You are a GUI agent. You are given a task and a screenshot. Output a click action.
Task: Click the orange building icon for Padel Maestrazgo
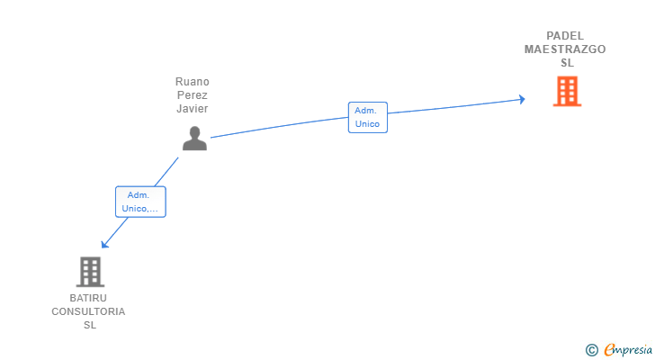pos(567,91)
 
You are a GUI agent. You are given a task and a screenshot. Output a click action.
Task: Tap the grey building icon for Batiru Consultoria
pos(89,272)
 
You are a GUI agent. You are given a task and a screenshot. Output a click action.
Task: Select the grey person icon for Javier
pos(194,138)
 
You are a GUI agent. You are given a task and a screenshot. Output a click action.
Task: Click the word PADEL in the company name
pos(565,36)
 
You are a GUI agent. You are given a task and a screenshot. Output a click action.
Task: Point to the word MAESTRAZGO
pos(565,49)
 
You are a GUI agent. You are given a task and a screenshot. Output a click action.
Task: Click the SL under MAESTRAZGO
pos(567,63)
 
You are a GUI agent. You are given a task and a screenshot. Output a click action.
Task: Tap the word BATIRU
pos(88,298)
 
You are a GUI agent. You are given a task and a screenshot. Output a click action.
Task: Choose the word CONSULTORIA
pos(88,311)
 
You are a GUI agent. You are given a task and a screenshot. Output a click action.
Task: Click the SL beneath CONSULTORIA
pos(89,325)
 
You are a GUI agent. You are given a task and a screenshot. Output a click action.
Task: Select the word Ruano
pos(193,82)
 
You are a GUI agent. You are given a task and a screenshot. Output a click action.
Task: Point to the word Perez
pos(193,95)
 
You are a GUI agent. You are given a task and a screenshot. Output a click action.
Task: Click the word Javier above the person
pos(193,109)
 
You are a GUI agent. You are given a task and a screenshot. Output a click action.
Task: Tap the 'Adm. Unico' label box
pos(367,117)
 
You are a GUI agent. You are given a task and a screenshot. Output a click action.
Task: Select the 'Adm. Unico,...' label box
pos(140,202)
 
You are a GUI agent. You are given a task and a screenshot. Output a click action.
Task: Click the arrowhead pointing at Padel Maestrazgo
pos(521,99)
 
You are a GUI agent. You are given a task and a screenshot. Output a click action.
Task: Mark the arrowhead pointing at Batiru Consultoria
pos(104,244)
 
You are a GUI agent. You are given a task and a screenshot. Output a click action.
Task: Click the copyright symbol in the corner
pos(591,350)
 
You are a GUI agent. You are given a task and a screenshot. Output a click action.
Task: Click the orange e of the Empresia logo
pos(610,350)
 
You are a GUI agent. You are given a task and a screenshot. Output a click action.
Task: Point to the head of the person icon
pos(194,131)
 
